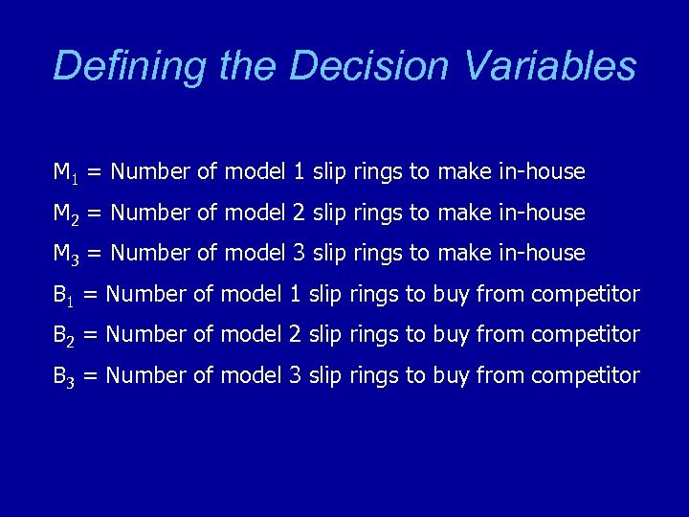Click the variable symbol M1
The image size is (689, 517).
coord(65,173)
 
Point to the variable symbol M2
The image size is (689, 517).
coord(65,214)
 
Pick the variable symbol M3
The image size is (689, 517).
coord(65,254)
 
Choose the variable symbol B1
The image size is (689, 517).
coord(63,295)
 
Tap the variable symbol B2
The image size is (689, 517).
coord(63,335)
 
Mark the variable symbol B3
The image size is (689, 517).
coord(63,376)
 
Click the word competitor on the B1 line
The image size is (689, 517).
coord(585,295)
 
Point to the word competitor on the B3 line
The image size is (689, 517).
coord(585,376)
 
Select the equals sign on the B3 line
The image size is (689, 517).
coord(91,376)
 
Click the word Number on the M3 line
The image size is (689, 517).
coord(150,254)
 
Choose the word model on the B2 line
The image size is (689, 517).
coord(252,335)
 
